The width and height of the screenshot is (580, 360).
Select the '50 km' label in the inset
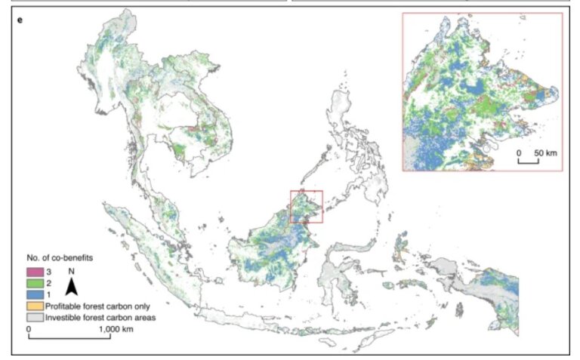pos(545,153)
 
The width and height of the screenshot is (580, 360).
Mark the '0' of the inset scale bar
pos(520,153)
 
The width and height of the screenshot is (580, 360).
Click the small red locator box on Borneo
pos(307,207)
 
